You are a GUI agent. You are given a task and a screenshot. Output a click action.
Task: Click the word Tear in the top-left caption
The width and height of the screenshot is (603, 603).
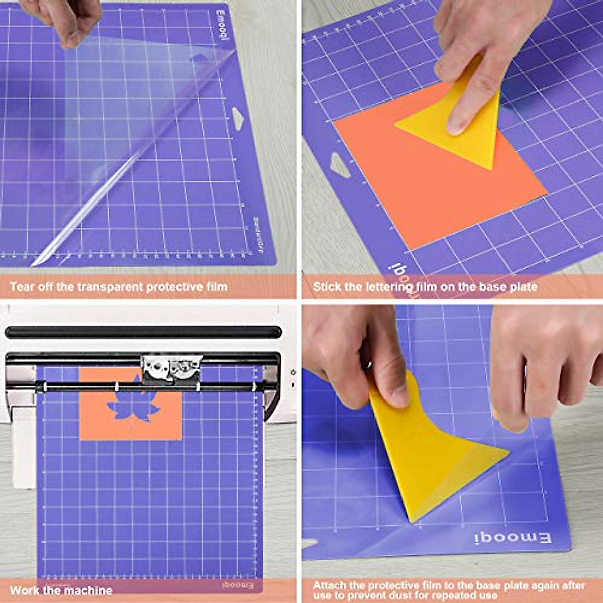pyautogui.click(x=22, y=287)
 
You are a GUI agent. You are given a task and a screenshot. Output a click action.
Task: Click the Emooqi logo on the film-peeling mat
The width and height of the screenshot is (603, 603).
pyautogui.click(x=224, y=25)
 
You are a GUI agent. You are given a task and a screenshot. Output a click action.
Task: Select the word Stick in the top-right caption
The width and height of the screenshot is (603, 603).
pyautogui.click(x=326, y=287)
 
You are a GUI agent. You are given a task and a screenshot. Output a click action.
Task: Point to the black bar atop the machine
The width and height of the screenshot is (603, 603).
pyautogui.click(x=143, y=332)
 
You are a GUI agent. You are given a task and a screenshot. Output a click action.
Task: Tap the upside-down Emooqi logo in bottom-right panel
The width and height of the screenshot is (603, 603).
pyautogui.click(x=513, y=538)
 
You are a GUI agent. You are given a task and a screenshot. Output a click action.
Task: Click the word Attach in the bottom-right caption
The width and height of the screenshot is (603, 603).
pyautogui.click(x=330, y=585)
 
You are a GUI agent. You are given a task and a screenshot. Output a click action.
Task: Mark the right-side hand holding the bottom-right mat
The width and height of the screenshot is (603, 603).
pyautogui.click(x=543, y=362)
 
